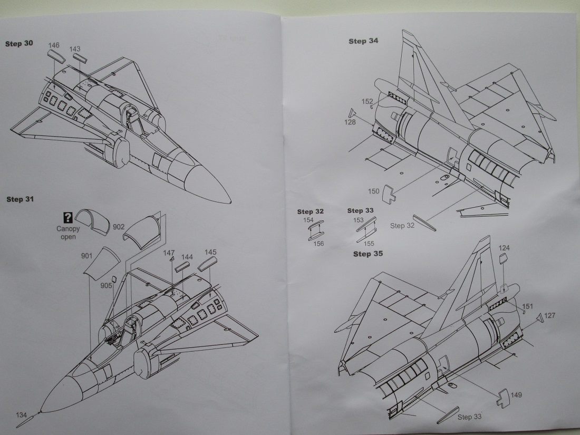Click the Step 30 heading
point(19,44)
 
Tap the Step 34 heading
point(363,41)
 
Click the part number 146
point(54,45)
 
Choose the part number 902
point(119,227)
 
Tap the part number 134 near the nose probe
point(21,415)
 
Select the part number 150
point(373,190)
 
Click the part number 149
point(517,395)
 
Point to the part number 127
point(549,316)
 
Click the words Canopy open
point(68,233)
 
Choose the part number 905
point(107,285)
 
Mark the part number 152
point(368,101)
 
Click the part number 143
point(74,49)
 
